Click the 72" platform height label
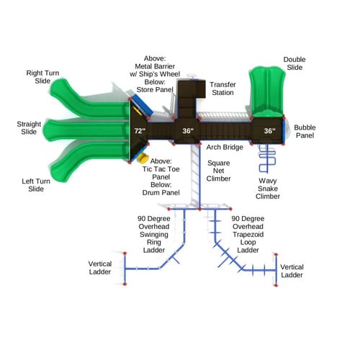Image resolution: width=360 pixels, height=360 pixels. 140,131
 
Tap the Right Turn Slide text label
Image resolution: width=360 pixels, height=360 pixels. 42,77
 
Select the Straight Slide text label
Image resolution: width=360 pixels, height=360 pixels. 29,128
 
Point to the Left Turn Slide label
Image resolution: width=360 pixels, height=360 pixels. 36,185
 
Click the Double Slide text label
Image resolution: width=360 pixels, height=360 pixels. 294,63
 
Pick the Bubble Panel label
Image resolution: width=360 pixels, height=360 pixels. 305,131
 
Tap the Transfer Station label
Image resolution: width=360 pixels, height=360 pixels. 222,89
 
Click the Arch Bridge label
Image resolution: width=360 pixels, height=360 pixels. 225,147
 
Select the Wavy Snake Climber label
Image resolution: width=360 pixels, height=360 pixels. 268,189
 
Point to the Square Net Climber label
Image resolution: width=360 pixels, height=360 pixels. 218,171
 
